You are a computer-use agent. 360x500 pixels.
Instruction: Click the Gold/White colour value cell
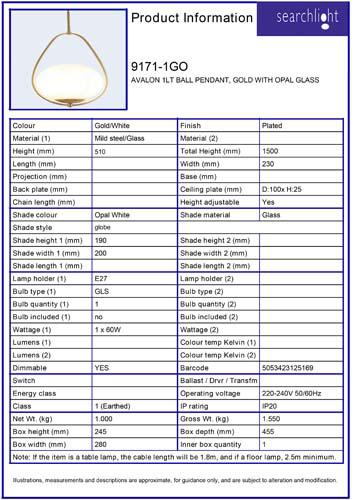(114, 125)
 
